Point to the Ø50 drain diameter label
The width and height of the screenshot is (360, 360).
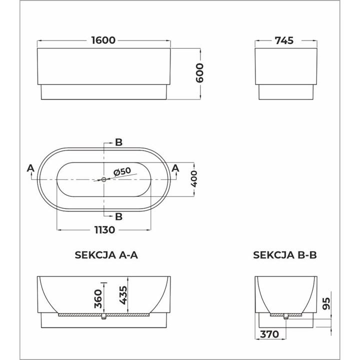[x=122, y=171]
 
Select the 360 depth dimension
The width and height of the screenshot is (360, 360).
[x=98, y=299]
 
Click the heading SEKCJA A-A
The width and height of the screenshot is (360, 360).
[x=106, y=255]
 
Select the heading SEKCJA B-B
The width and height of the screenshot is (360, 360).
[x=285, y=255]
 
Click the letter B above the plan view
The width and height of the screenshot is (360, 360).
[x=118, y=142]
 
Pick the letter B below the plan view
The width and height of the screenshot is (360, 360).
[x=118, y=216]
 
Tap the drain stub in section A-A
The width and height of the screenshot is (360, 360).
[x=103, y=318]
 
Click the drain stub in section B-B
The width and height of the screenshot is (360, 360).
[x=285, y=317]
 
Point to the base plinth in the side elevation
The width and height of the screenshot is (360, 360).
[x=104, y=91]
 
